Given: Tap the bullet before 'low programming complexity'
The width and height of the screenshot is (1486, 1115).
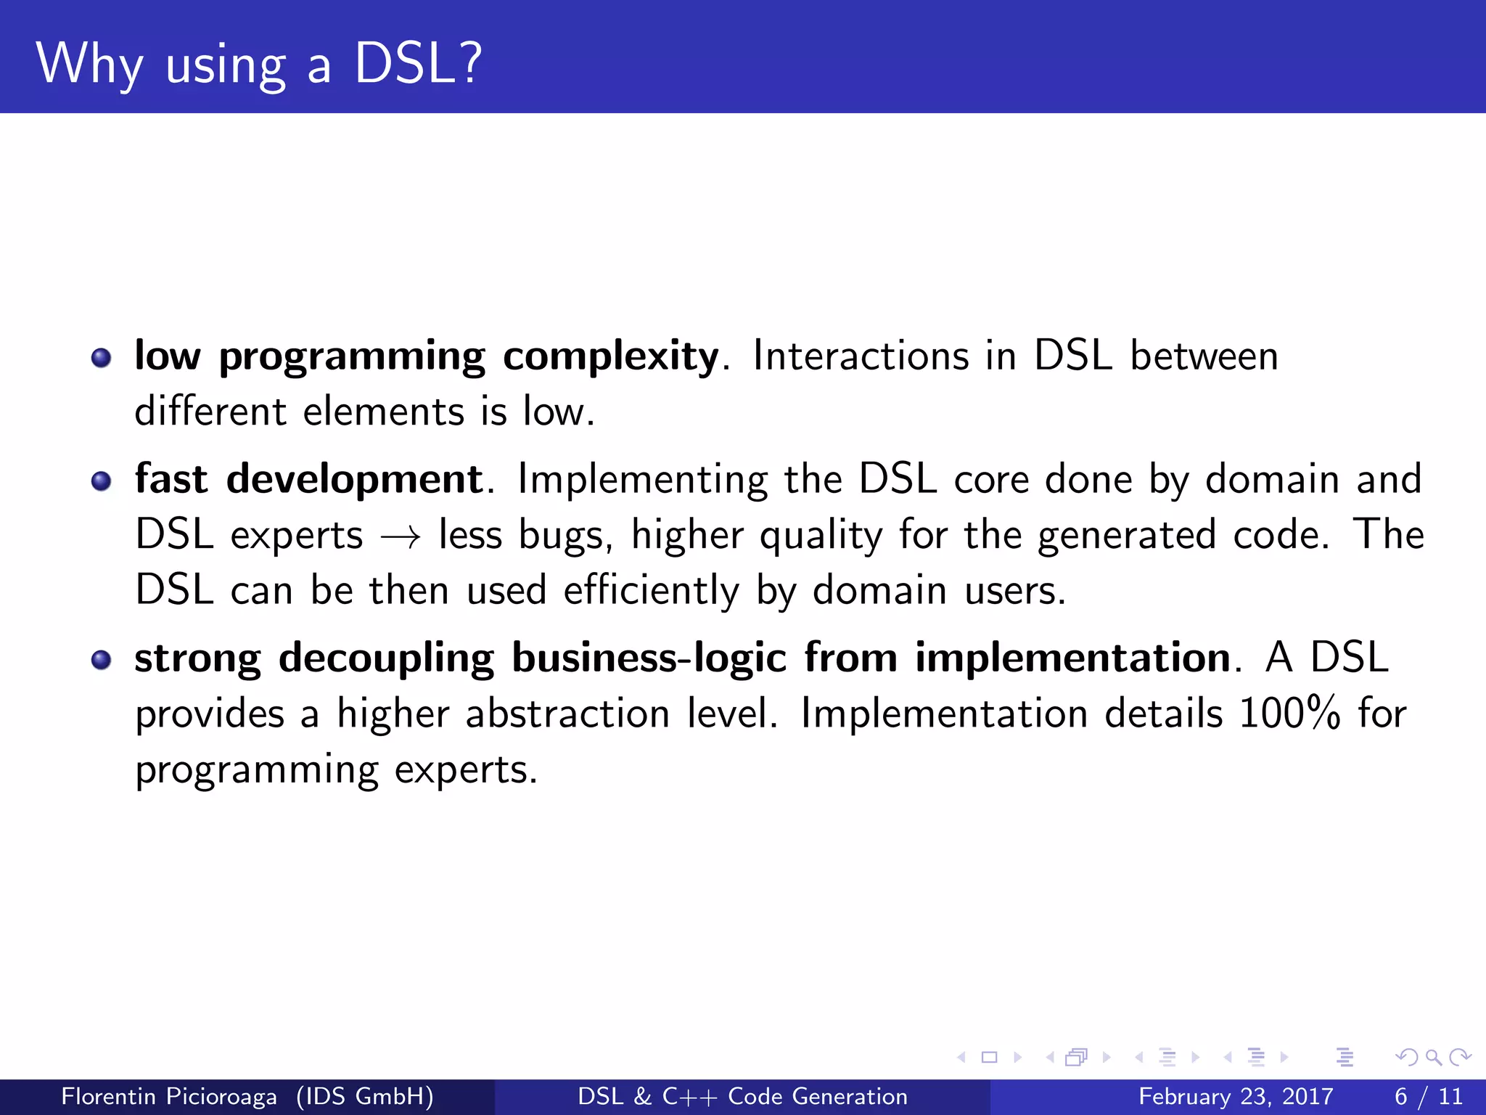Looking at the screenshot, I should click(x=101, y=357).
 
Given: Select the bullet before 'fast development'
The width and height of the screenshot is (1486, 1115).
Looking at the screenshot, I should click(x=101, y=481).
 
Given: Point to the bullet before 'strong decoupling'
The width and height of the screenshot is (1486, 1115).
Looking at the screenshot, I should click(x=101, y=659).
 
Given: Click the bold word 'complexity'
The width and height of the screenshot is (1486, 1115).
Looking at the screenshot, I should click(x=610, y=357).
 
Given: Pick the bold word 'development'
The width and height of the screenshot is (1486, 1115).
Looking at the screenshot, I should click(x=354, y=480).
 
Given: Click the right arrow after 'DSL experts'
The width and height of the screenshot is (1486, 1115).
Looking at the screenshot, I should click(x=401, y=538).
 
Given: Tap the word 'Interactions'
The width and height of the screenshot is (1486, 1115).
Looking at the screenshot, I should click(x=861, y=356).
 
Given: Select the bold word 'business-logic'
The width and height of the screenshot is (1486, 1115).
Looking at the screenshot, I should click(x=649, y=658).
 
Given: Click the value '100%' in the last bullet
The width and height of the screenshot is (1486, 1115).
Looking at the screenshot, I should click(x=1289, y=714).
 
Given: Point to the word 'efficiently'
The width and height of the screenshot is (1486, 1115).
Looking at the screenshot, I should click(x=651, y=590).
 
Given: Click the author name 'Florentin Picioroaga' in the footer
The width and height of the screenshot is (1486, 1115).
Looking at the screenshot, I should click(x=169, y=1096).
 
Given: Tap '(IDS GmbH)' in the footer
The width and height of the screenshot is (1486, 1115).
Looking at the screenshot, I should click(x=365, y=1096).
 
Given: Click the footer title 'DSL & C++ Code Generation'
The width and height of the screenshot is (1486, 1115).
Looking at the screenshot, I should click(x=742, y=1096).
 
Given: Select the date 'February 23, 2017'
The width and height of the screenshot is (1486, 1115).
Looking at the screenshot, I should click(x=1236, y=1096).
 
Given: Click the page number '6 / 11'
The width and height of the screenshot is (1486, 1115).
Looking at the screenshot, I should click(x=1428, y=1096).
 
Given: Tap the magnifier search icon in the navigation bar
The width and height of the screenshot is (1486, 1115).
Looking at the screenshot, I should click(x=1433, y=1058).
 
